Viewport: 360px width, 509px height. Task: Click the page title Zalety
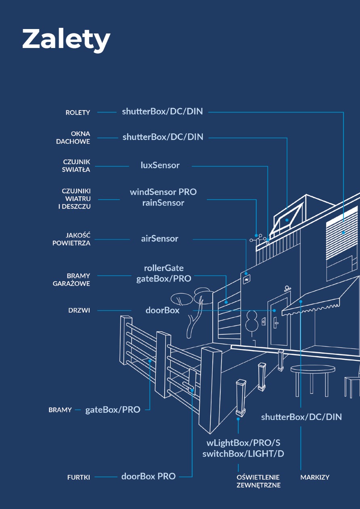click(66, 39)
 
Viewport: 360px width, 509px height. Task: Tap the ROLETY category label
click(78, 113)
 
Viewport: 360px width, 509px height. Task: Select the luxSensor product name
click(160, 165)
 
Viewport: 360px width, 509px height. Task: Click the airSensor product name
click(159, 239)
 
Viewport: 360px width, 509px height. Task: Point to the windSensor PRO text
click(163, 192)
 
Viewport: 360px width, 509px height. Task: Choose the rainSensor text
click(163, 203)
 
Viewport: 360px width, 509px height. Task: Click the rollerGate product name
click(163, 268)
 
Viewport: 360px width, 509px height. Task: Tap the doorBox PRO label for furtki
click(149, 476)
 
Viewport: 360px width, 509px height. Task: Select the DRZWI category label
click(79, 311)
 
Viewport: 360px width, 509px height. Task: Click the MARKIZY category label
click(315, 478)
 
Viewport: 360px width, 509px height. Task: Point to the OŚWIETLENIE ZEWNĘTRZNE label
click(258, 481)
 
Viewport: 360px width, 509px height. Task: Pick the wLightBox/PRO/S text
click(243, 442)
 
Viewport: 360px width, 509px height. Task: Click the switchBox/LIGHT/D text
click(243, 454)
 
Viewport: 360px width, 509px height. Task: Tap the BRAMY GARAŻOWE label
click(71, 280)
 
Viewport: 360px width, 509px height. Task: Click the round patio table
click(312, 369)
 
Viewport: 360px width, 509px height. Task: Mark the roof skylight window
click(287, 220)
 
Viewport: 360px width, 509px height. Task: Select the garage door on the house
click(229, 315)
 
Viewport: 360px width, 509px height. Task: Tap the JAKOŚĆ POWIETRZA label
click(71, 239)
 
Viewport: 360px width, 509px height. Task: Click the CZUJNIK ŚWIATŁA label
click(76, 166)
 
